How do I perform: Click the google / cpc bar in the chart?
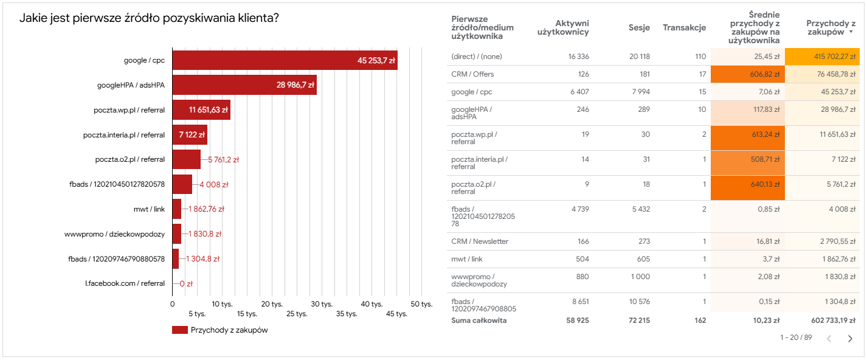[x=285, y=60]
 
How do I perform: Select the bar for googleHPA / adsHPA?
[x=244, y=85]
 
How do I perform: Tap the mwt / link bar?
[x=177, y=209]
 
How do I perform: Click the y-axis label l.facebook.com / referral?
[x=125, y=283]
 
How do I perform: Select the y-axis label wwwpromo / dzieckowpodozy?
[x=114, y=234]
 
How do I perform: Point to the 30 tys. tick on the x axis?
[x=322, y=303]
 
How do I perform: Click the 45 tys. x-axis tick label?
[x=396, y=314]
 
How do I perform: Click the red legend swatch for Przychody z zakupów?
[x=180, y=330]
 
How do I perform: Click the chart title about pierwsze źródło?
[x=149, y=18]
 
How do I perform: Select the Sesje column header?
[x=639, y=28]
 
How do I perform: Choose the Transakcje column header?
[x=684, y=28]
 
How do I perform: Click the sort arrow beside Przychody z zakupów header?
[x=851, y=32]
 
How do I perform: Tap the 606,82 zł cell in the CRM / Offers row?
[x=764, y=74]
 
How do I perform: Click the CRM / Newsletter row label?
[x=480, y=241]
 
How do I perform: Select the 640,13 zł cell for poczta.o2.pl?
[x=764, y=183]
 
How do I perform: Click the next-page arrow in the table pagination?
[x=850, y=339]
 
